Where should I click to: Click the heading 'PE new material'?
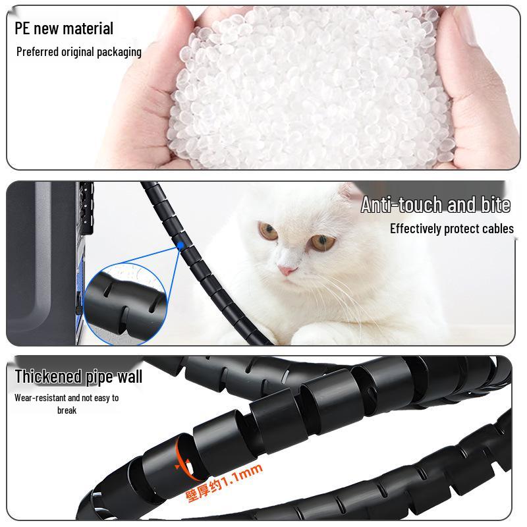click(x=64, y=28)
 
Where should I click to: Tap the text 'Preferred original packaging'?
click(x=79, y=51)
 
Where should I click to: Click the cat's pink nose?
click(x=285, y=270)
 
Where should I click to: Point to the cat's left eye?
click(x=267, y=231)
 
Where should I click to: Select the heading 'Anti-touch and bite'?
click(x=435, y=205)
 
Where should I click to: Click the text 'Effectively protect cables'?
click(x=451, y=229)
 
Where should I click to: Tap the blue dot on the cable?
click(x=180, y=246)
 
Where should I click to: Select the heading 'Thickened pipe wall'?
click(x=78, y=377)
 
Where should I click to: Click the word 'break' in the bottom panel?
click(x=67, y=410)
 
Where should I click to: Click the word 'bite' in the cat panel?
click(x=495, y=205)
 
